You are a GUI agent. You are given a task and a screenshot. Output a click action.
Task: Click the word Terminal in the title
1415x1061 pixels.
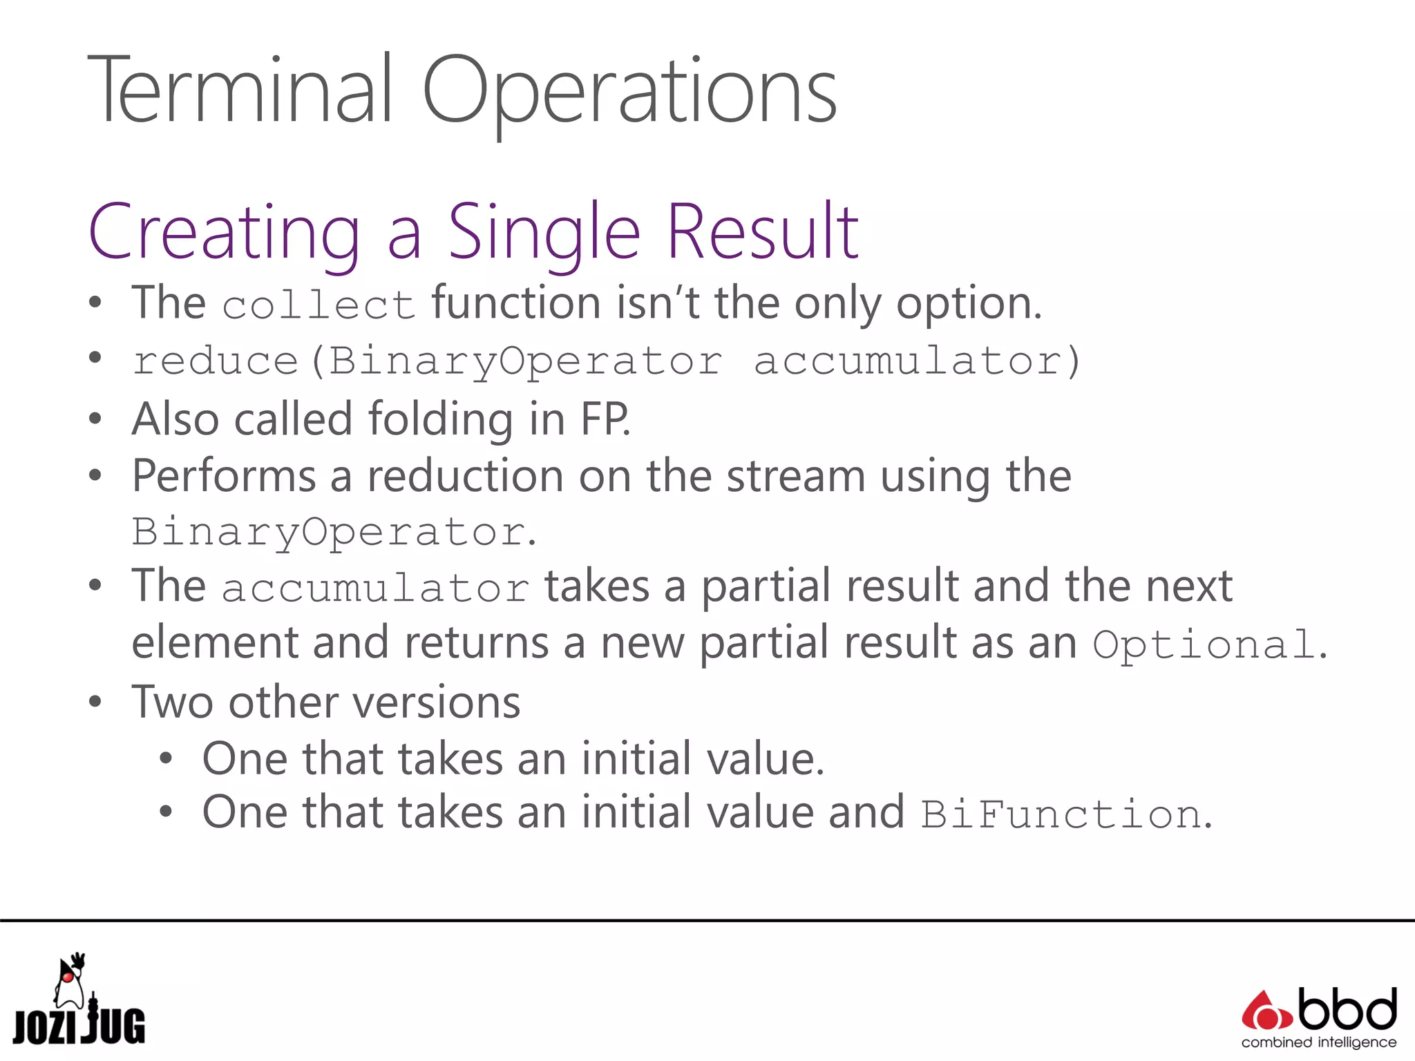239,90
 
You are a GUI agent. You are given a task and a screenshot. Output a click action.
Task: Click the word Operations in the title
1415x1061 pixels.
629,93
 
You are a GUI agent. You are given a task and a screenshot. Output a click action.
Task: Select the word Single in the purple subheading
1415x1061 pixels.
544,233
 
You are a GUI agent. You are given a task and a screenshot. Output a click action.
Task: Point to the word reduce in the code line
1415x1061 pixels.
215,361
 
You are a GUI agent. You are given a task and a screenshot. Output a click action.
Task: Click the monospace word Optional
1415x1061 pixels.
1203,644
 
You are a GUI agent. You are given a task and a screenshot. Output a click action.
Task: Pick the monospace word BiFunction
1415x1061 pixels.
1061,814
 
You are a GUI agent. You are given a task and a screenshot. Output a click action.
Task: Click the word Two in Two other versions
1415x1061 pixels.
172,702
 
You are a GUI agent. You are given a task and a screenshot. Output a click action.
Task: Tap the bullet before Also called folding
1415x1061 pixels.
95,419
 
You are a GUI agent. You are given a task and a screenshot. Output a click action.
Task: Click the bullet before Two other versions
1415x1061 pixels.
95,702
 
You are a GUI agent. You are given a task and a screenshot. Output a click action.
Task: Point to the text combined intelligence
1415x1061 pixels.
1318,1042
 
